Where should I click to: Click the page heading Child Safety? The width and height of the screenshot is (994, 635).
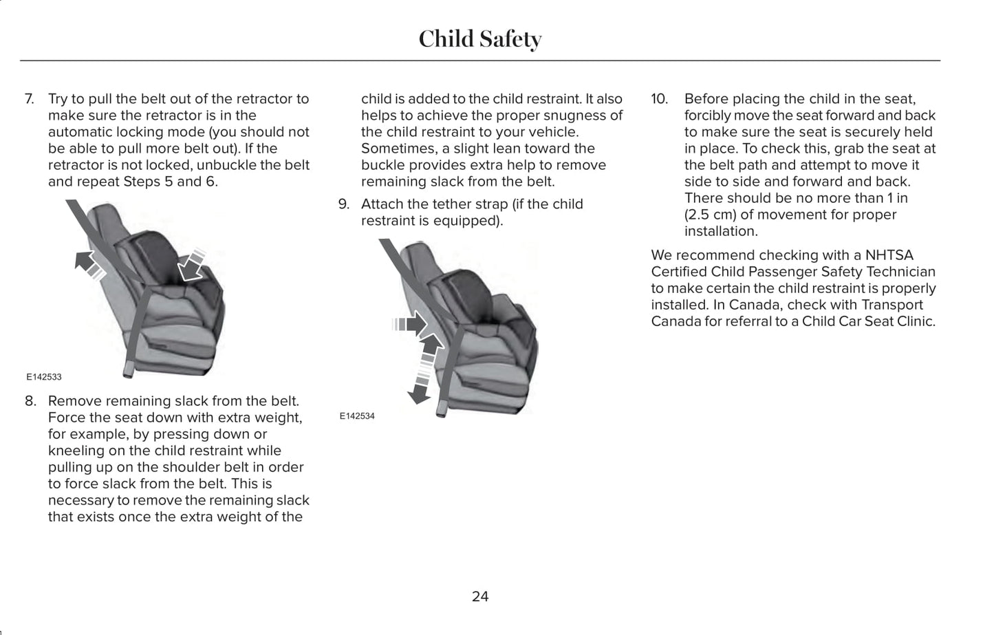pos(479,39)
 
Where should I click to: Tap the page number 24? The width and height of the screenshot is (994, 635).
pos(480,596)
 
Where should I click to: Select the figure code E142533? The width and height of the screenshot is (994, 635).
pos(44,377)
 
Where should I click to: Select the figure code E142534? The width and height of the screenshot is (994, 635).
pos(357,416)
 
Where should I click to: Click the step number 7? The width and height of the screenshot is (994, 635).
pos(30,99)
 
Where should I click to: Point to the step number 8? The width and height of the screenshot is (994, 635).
pos(30,401)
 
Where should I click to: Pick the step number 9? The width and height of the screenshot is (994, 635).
pos(343,204)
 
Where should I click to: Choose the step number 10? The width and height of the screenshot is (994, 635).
pos(660,99)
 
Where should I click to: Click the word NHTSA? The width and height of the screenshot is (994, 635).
pos(889,255)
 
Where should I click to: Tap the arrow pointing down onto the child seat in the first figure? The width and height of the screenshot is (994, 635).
pos(193,266)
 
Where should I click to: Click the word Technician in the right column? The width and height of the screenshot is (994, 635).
pos(900,272)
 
